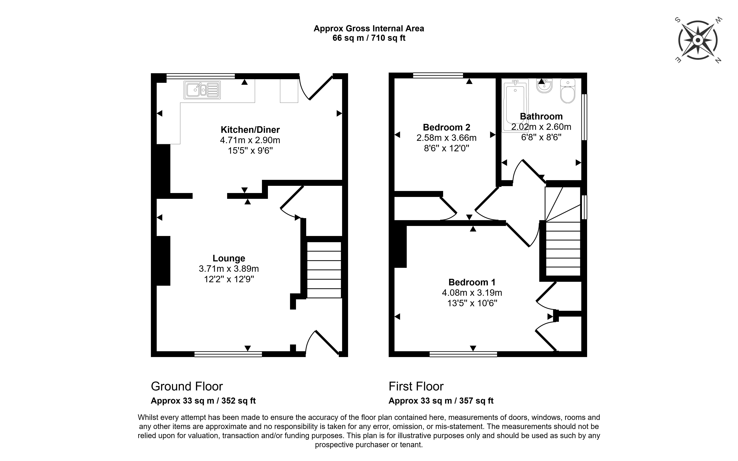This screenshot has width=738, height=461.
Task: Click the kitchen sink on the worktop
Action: click(x=202, y=90)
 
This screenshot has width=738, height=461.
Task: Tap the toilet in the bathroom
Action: click(x=567, y=91)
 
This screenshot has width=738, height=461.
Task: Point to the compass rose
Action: click(x=698, y=40)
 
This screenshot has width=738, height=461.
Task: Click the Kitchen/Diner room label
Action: click(x=250, y=130)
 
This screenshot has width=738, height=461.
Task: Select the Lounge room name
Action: click(x=229, y=258)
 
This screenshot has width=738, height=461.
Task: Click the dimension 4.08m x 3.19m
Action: click(x=472, y=293)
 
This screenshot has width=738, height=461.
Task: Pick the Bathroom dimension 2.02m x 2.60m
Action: click(x=541, y=127)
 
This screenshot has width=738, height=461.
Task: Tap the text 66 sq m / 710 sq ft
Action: click(x=369, y=38)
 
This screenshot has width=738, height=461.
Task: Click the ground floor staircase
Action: click(x=324, y=270)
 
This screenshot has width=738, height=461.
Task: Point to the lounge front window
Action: click(x=228, y=354)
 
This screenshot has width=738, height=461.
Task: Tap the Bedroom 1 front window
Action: click(x=463, y=354)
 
